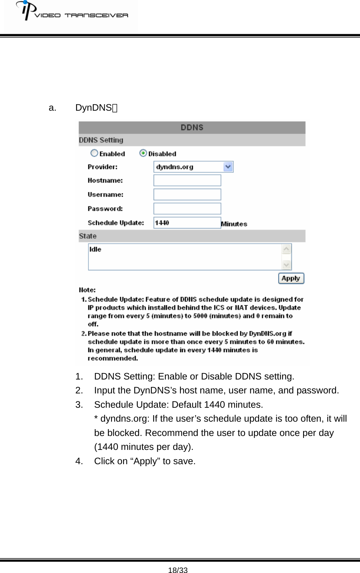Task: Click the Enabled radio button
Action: tap(94, 153)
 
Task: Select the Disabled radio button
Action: tap(143, 153)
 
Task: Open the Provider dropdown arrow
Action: tap(228, 167)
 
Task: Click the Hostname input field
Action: tap(187, 180)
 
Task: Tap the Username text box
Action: tap(187, 195)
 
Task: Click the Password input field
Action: tap(187, 209)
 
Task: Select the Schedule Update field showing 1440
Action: tap(187, 223)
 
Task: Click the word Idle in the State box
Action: tap(95, 249)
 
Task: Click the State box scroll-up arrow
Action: tap(287, 249)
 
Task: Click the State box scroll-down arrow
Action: tap(287, 265)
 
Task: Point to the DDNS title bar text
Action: tap(192, 128)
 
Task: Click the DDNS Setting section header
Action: tap(101, 140)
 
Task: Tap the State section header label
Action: tap(88, 236)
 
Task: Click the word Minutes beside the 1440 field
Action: tap(234, 224)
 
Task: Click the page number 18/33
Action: tap(178, 570)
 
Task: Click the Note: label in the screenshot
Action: tap(87, 290)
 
